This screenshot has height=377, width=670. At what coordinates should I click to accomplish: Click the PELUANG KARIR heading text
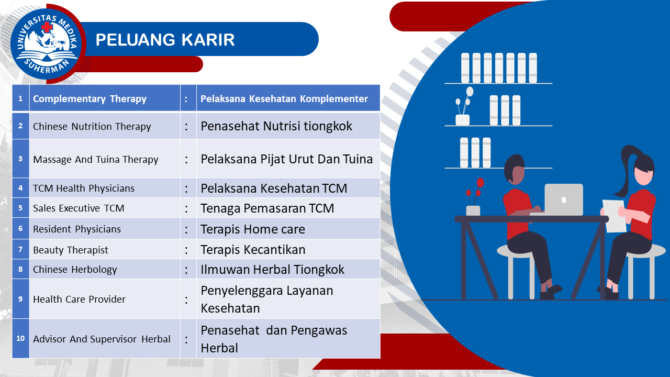(165, 40)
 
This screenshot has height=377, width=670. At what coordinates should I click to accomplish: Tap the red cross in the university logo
(47, 27)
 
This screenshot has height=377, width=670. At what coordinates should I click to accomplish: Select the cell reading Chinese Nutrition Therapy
(105, 126)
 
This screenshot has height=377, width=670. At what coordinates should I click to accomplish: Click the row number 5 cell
(20, 208)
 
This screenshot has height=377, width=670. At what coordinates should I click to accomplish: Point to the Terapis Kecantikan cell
(288, 249)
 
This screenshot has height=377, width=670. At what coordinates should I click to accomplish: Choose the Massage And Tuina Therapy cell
(105, 159)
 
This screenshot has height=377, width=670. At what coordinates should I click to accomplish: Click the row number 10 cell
(20, 338)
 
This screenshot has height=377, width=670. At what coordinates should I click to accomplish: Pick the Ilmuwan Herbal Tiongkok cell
(288, 269)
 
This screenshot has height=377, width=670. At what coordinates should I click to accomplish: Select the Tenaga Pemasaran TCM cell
(288, 208)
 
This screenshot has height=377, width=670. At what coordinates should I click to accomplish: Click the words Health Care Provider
(79, 299)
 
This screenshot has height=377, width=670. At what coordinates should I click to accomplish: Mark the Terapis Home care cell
(288, 229)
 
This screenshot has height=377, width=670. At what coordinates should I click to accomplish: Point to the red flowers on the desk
(476, 191)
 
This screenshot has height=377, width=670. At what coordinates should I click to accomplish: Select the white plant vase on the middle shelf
(462, 120)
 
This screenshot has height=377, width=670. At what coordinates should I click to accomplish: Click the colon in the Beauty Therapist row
(186, 250)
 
